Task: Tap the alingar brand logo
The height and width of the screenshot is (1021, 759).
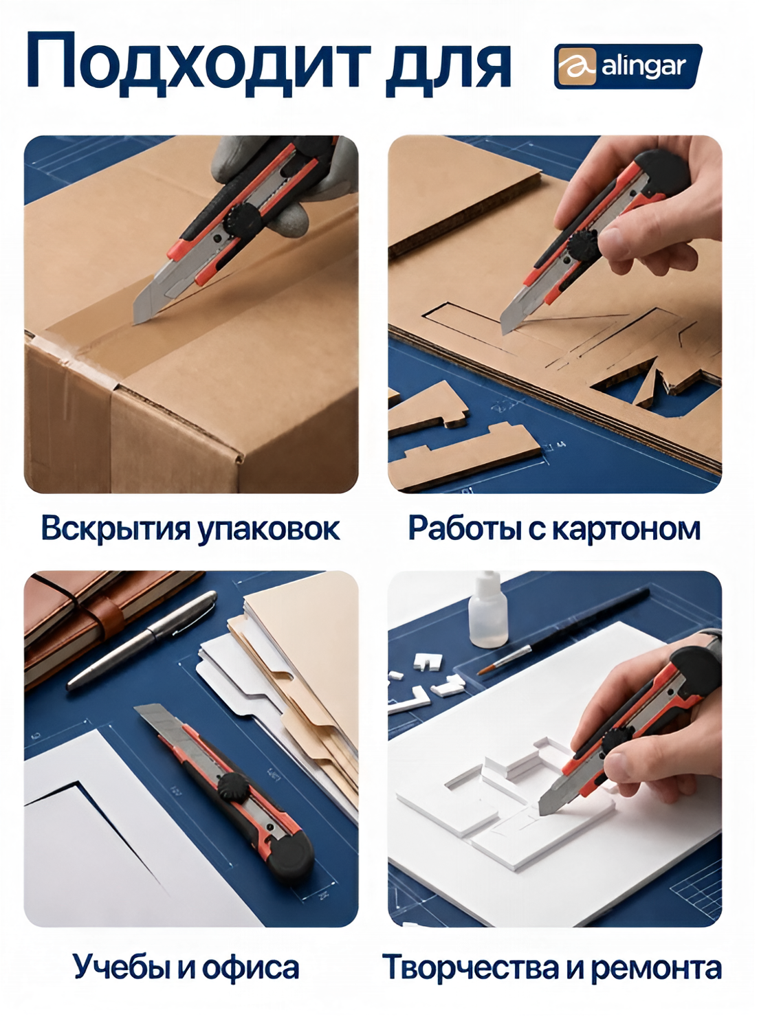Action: pos(628,66)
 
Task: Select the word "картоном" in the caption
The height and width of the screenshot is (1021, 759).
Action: pos(626,529)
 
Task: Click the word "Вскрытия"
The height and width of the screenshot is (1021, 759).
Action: pos(115,528)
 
